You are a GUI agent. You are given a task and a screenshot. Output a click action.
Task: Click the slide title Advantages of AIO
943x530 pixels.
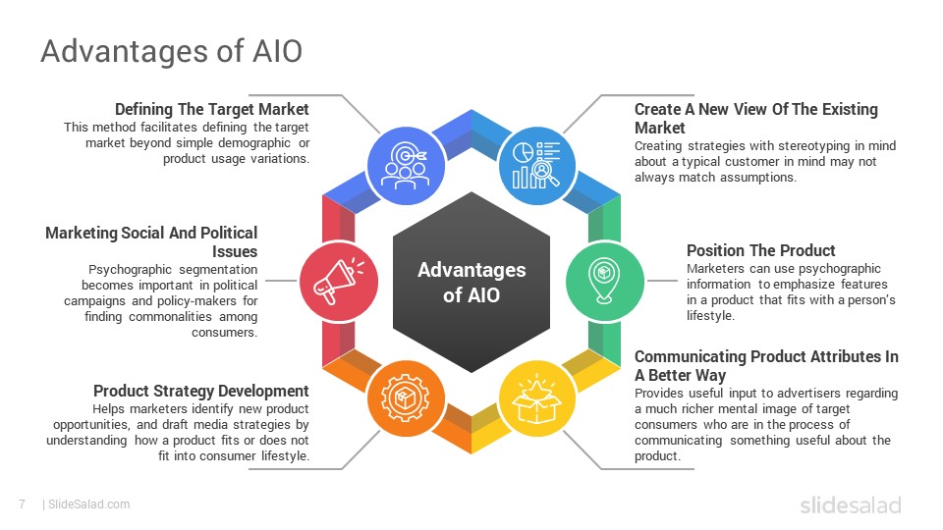pyautogui.click(x=171, y=50)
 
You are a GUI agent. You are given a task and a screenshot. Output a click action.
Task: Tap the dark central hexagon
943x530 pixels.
pyautogui.click(x=471, y=282)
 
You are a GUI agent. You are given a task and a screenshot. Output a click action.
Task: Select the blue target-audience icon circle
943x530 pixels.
pyautogui.click(x=406, y=165)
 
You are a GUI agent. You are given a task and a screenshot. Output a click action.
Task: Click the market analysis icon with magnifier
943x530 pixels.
pyautogui.click(x=536, y=165)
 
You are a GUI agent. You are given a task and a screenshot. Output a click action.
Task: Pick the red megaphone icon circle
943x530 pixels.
pyautogui.click(x=339, y=282)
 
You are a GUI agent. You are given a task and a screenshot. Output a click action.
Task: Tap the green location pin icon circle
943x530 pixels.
pyautogui.click(x=604, y=282)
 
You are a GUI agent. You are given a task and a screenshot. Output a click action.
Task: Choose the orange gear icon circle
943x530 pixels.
pyautogui.click(x=406, y=397)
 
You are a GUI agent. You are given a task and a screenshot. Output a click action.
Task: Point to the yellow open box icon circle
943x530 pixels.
pyautogui.click(x=536, y=397)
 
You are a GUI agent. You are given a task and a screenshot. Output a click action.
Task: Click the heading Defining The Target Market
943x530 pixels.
pyautogui.click(x=212, y=109)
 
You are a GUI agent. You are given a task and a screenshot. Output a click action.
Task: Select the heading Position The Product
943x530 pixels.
pyautogui.click(x=760, y=250)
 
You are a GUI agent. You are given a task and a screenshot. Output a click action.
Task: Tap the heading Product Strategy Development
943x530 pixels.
pyautogui.click(x=200, y=392)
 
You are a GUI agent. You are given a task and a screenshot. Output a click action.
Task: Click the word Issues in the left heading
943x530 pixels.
pyautogui.click(x=235, y=252)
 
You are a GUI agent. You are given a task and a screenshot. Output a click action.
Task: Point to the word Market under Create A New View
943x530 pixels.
pyautogui.click(x=660, y=128)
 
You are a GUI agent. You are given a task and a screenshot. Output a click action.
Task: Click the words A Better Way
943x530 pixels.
pyautogui.click(x=680, y=376)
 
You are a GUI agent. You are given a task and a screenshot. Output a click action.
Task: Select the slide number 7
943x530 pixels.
pyautogui.click(x=23, y=504)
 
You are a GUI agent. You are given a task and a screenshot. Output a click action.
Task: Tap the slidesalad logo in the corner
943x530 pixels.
pyautogui.click(x=851, y=504)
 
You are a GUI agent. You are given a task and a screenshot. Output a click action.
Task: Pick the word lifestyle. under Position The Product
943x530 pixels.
pyautogui.click(x=710, y=315)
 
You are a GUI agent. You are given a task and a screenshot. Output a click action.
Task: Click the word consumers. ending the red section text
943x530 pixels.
pyautogui.click(x=224, y=333)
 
